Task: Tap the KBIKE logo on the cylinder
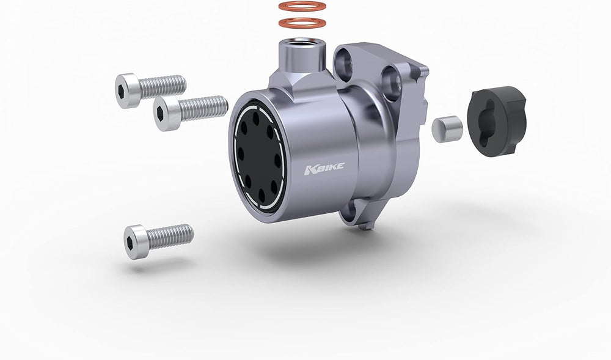coord(324,169)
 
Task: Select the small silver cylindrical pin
coord(447,129)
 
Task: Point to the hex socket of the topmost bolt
coord(121,90)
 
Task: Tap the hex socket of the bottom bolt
coord(130,242)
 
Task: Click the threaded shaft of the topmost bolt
coord(163,86)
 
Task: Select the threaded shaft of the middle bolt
coord(203,108)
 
